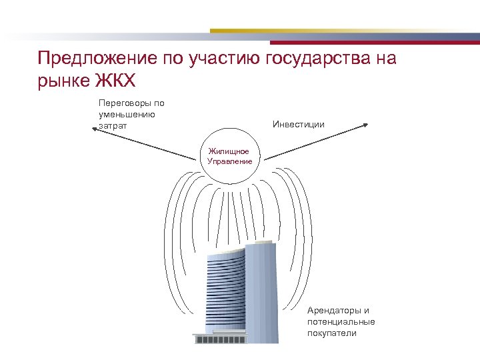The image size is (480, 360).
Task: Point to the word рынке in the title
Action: [63, 81]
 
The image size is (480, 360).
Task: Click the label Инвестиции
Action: [299, 124]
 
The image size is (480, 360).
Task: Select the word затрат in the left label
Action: [112, 125]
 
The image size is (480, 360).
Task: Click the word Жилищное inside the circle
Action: [229, 151]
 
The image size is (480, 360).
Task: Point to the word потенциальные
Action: [341, 322]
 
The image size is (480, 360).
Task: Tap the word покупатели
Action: [332, 333]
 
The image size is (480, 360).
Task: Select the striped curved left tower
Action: [225, 293]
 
